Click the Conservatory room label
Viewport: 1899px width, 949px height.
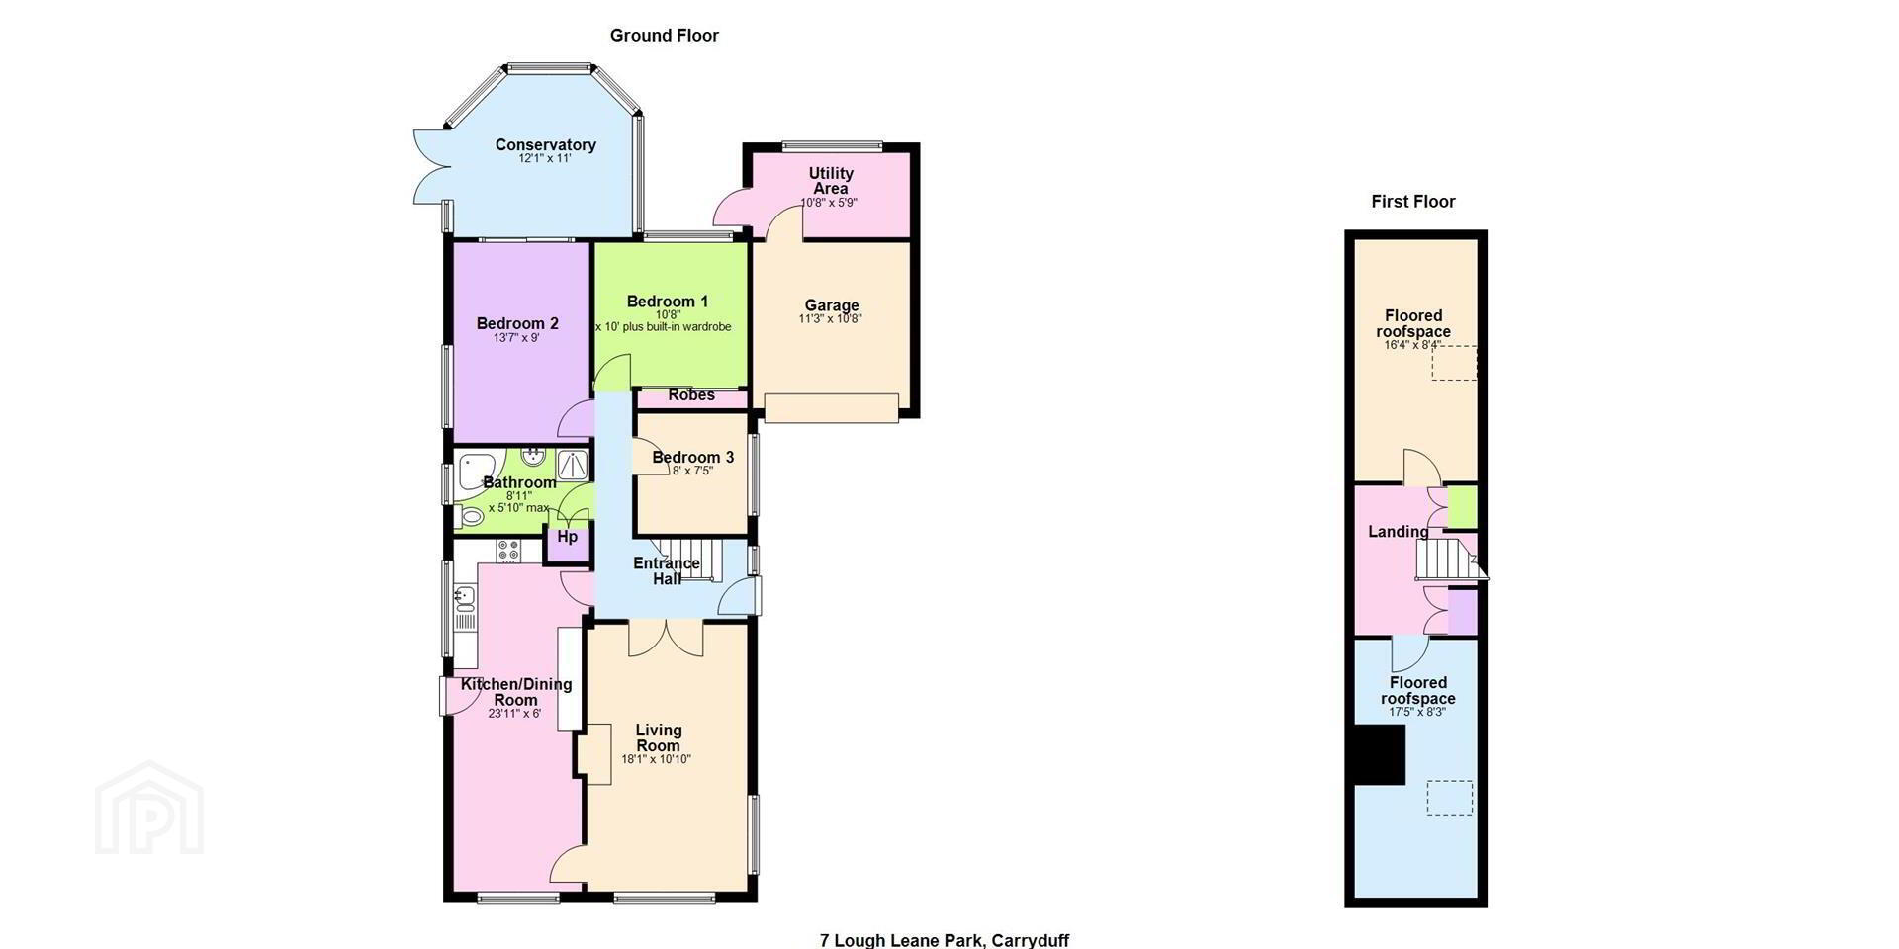point(546,145)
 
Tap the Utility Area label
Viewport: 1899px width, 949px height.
point(831,181)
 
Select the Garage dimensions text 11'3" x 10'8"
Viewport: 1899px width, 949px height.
point(831,319)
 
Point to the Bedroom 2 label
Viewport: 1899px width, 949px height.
point(517,323)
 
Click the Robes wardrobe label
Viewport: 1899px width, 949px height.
point(691,395)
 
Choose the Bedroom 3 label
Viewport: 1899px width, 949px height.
point(693,457)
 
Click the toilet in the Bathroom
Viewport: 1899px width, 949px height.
point(470,516)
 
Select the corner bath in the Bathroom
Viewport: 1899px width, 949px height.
point(477,467)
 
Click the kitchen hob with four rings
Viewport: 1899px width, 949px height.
point(508,551)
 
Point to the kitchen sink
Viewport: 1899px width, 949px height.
point(465,595)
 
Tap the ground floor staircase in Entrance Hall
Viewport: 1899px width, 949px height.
point(690,560)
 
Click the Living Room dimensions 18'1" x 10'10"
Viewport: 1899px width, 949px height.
point(656,759)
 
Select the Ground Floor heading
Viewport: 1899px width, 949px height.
point(665,36)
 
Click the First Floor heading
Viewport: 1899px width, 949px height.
point(1413,202)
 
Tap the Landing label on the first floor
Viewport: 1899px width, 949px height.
point(1399,532)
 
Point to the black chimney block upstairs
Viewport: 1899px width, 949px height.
point(1380,755)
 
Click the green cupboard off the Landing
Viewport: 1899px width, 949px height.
point(1462,506)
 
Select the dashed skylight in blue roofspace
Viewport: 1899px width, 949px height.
point(1449,798)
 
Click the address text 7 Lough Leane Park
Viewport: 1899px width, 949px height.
point(902,940)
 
